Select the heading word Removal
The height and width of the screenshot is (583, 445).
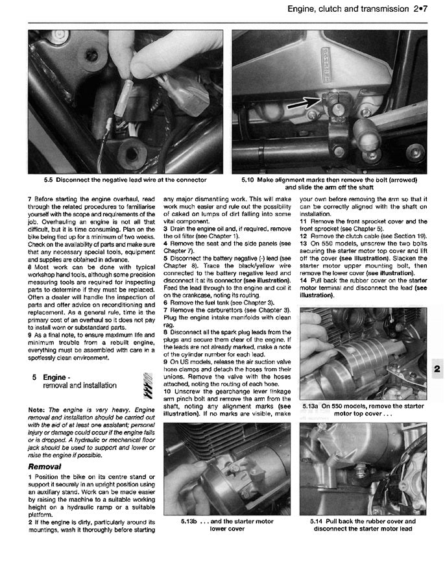point(45,466)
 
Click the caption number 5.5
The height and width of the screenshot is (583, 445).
point(49,180)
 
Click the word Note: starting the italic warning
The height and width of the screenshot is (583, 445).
point(38,410)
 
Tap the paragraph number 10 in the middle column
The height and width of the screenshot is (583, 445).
point(167,391)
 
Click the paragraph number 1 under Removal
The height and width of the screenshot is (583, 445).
point(30,477)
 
